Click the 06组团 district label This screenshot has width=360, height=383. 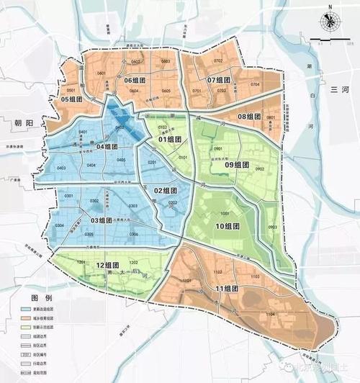click(138, 80)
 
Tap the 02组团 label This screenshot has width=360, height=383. click(166, 190)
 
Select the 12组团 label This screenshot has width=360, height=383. click(106, 266)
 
